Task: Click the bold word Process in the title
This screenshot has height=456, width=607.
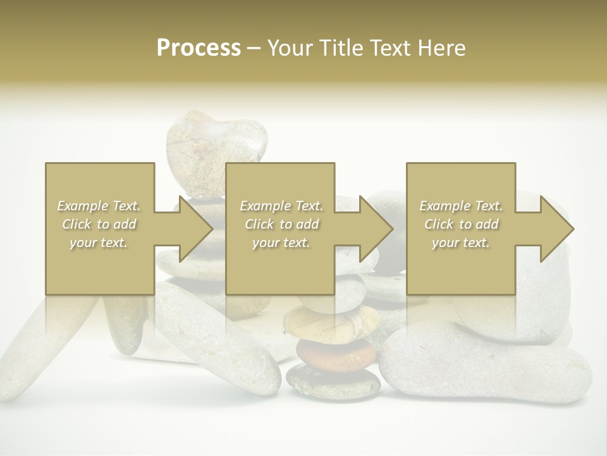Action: [x=199, y=48]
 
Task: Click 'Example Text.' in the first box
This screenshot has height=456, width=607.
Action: [x=99, y=206]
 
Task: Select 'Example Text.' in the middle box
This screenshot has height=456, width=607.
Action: [x=281, y=206]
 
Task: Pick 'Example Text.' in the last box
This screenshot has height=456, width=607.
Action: [x=461, y=206]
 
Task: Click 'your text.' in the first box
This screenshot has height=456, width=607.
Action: [x=99, y=243]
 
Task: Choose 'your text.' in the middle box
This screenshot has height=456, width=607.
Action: [x=281, y=243]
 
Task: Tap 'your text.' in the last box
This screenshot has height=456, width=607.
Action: [x=460, y=243]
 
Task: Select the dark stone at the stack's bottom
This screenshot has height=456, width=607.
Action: [x=333, y=383]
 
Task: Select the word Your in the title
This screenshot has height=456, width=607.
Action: [x=290, y=48]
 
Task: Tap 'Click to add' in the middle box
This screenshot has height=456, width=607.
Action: [x=281, y=224]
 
